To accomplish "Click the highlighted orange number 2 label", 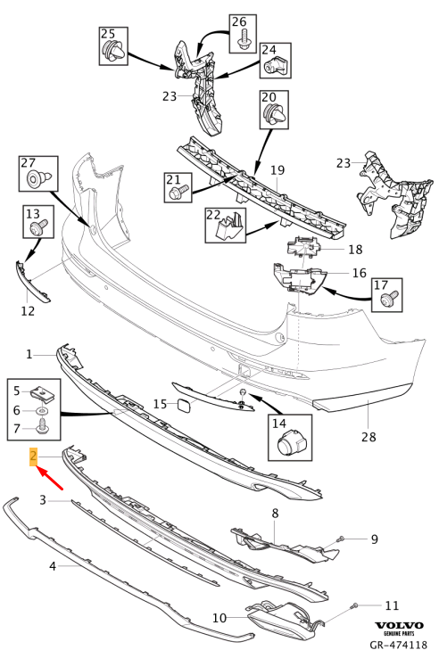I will (33, 457).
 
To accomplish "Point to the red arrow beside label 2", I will (50, 481).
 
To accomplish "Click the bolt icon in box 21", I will (178, 190).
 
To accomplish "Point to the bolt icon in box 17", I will (386, 301).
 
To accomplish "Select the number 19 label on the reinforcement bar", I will (277, 169).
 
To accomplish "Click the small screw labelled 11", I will (355, 606).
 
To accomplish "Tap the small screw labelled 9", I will (339, 539).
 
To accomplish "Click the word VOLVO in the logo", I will (398, 626).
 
